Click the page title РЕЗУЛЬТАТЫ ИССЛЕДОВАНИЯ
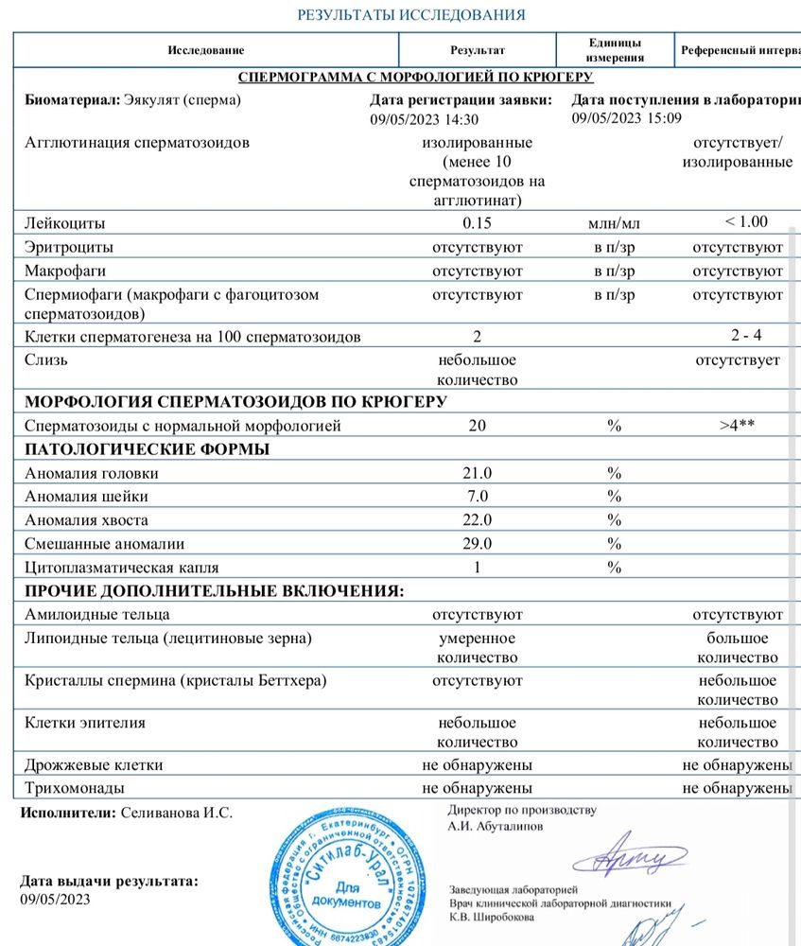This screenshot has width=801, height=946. pyautogui.click(x=411, y=15)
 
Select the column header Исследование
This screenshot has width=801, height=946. pyautogui.click(x=206, y=50)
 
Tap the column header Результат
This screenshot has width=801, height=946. pyautogui.click(x=477, y=50)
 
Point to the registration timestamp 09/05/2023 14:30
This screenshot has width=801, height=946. pyautogui.click(x=425, y=120)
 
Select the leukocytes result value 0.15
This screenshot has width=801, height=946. pyautogui.click(x=477, y=223)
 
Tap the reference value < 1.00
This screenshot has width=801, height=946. pyautogui.click(x=745, y=222)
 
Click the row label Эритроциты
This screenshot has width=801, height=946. pyautogui.click(x=69, y=247)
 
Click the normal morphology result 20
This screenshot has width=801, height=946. pyautogui.click(x=477, y=426)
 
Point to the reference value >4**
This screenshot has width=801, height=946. pyautogui.click(x=737, y=426)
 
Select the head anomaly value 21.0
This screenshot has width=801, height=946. pyautogui.click(x=477, y=473)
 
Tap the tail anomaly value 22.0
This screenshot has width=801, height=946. pyautogui.click(x=477, y=520)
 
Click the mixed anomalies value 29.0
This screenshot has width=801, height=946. pyautogui.click(x=477, y=544)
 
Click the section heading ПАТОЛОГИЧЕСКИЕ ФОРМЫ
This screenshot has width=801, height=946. pyautogui.click(x=147, y=449)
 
